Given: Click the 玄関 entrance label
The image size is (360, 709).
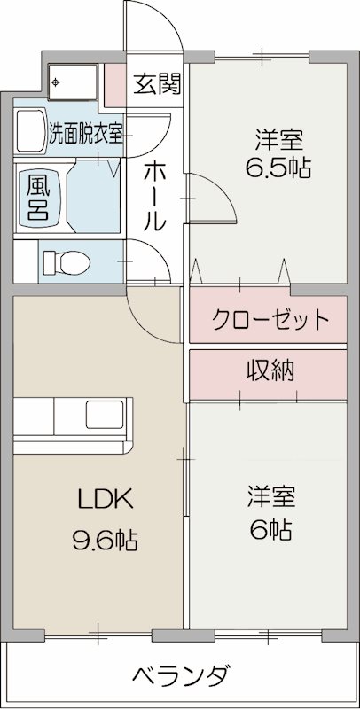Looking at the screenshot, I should point(157,84).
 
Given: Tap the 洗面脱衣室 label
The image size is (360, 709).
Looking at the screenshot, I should point(86,136).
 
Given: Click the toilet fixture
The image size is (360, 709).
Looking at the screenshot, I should point(66,261).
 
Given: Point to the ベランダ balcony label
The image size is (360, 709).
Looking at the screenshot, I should point(184,675).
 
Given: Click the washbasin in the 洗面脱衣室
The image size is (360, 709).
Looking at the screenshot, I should point(31,133).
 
